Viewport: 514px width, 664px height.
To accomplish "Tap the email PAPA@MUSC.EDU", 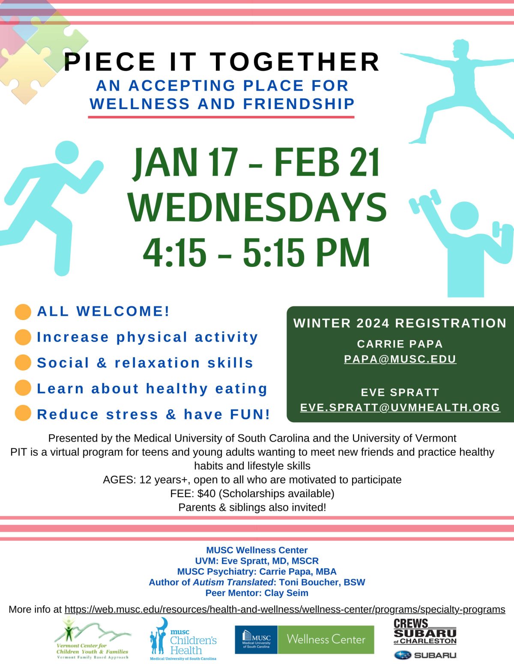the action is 400,359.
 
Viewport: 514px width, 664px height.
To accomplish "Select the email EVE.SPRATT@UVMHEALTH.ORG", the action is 400,407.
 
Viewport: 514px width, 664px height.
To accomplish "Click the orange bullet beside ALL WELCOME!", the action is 23,312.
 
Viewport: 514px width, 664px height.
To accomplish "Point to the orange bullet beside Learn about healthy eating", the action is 23,388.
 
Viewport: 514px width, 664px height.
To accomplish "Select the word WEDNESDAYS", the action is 257,207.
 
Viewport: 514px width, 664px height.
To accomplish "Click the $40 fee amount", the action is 206,493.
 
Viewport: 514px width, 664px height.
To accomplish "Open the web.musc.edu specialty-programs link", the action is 285,609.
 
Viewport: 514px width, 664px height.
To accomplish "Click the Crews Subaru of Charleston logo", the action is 425,631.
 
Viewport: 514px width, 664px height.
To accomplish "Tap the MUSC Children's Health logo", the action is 183,639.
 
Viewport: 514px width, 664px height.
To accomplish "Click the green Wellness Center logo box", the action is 326,640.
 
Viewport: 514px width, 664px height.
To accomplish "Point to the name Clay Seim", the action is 286,593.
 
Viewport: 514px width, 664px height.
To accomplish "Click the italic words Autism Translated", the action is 233,582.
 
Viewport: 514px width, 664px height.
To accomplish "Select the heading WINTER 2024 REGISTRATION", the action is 400,323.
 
